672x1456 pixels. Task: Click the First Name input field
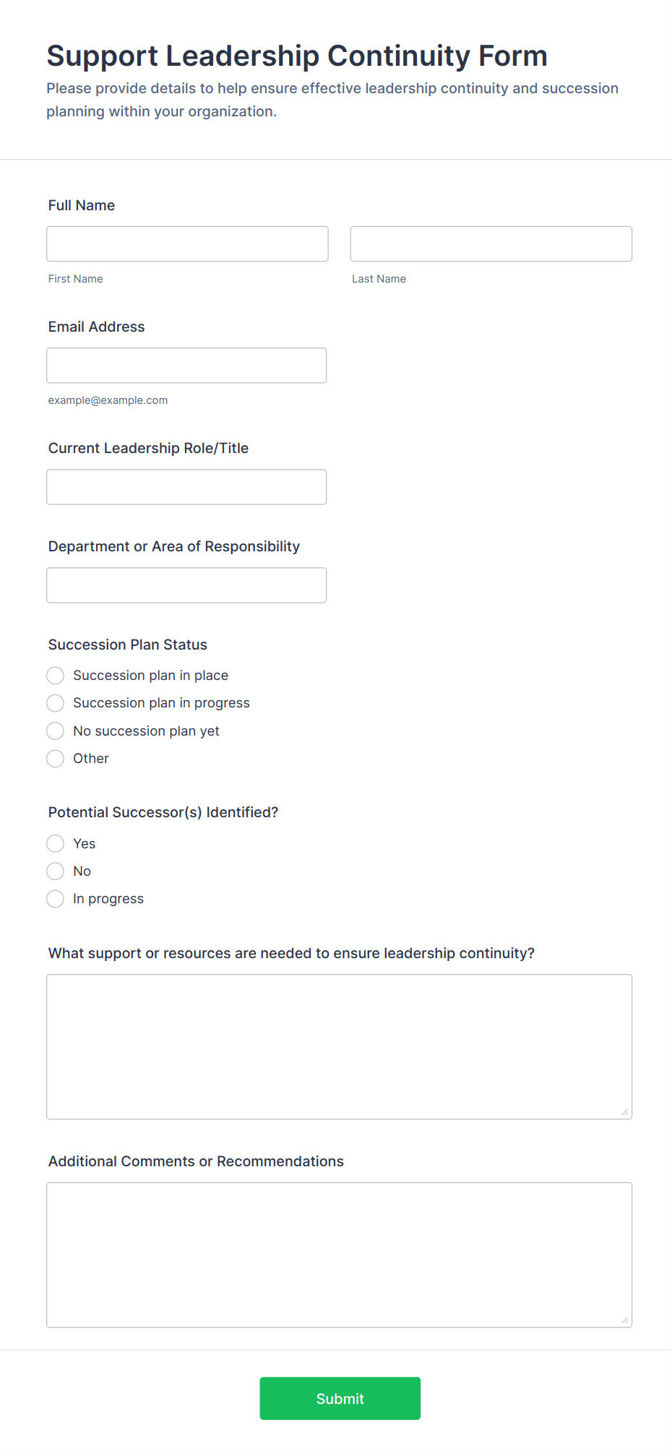[x=187, y=244]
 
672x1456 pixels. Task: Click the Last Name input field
[x=491, y=244]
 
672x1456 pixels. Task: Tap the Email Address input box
[x=186, y=366]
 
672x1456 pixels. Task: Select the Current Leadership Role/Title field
[x=186, y=487]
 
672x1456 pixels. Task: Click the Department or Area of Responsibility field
[x=186, y=585]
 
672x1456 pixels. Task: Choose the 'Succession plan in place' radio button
[x=56, y=676]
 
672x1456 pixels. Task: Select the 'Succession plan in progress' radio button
[x=56, y=703]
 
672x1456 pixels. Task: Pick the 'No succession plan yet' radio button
[x=56, y=731]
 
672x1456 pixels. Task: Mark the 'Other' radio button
[x=56, y=759]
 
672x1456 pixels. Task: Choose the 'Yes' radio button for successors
[x=56, y=844]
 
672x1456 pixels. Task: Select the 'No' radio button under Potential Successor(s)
[x=56, y=871]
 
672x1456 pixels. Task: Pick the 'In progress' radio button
[x=56, y=899]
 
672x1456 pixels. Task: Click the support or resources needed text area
[x=339, y=1047]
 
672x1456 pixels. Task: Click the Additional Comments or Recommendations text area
[x=339, y=1255]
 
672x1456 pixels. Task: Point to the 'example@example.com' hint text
[x=108, y=400]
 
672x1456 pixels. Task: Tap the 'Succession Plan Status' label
[x=128, y=645]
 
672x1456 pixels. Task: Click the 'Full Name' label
[x=82, y=205]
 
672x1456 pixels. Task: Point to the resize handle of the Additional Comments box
[x=625, y=1320]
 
